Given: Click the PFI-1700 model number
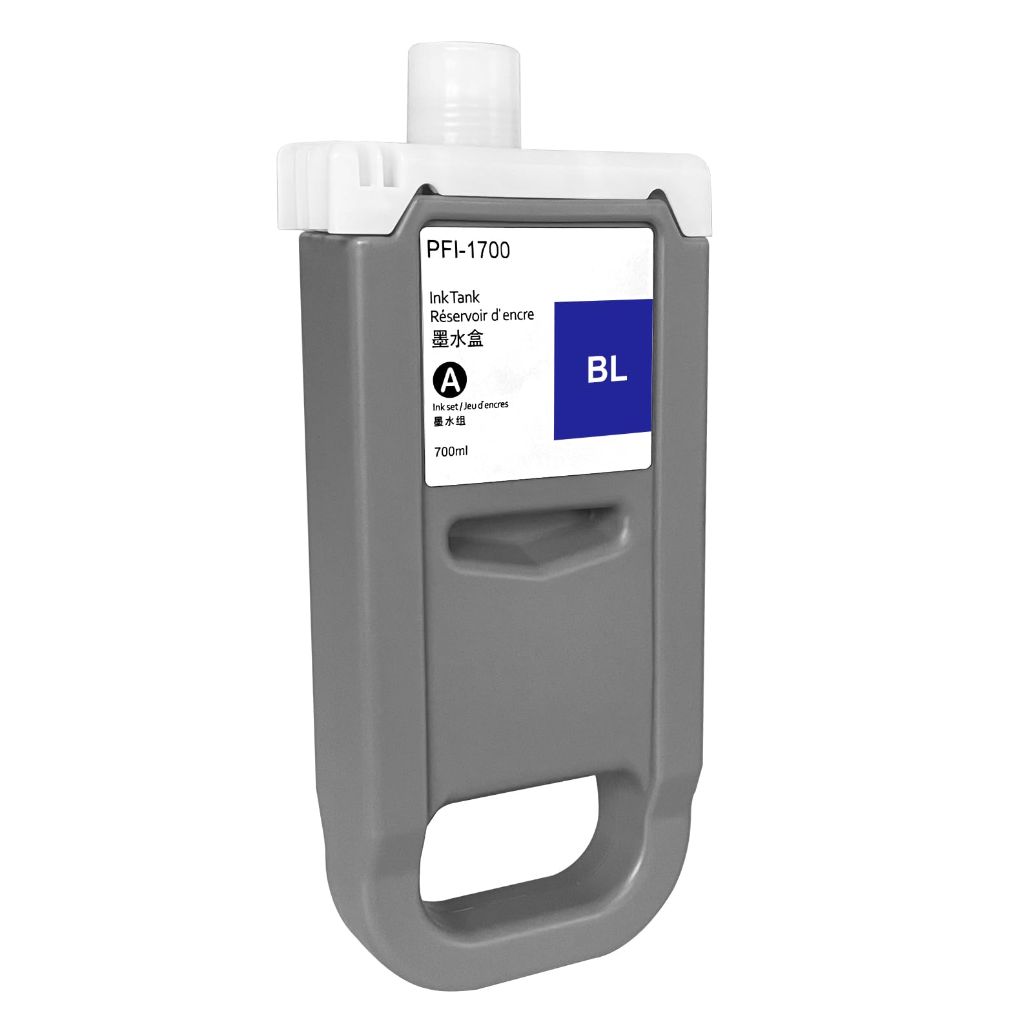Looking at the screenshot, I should [x=468, y=250].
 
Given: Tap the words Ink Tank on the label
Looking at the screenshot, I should [x=455, y=297].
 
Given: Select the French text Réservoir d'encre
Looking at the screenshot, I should [x=482, y=315].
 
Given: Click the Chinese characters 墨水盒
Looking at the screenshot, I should [x=457, y=339].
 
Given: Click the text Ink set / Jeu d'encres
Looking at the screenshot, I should [x=470, y=405].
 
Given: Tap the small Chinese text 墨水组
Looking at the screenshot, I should [x=449, y=422].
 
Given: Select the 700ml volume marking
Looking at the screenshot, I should [x=451, y=451].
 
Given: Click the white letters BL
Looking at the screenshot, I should [x=606, y=370].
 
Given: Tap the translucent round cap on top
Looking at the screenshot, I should [x=464, y=97].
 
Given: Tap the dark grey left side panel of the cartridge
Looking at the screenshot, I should [x=362, y=581].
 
